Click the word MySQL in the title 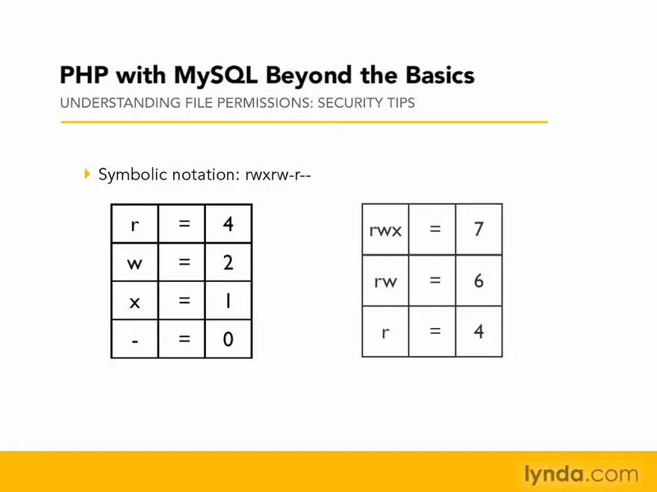[215, 76]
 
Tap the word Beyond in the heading [309, 76]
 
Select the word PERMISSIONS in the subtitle [265, 103]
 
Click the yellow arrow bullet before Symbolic [87, 174]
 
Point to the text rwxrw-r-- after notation [278, 174]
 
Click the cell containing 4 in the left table [228, 224]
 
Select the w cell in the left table [135, 262]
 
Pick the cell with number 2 [228, 262]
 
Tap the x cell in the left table [135, 300]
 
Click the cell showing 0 [228, 339]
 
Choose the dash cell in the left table [135, 339]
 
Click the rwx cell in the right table [385, 230]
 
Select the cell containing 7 [479, 230]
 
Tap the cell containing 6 [479, 280]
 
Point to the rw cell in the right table [385, 280]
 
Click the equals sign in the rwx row [435, 228]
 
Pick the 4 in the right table [479, 331]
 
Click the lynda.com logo [581, 474]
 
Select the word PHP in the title [84, 75]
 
